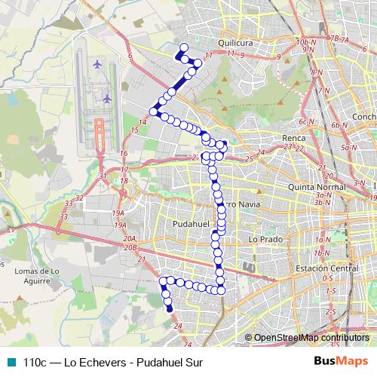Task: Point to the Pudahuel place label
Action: click(170, 224)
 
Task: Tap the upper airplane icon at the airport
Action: click(97, 63)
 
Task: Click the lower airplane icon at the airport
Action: click(107, 98)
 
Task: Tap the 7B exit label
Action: click(335, 37)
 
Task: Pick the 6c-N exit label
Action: click(305, 121)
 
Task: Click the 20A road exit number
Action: click(130, 238)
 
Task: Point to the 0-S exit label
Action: click(328, 278)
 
